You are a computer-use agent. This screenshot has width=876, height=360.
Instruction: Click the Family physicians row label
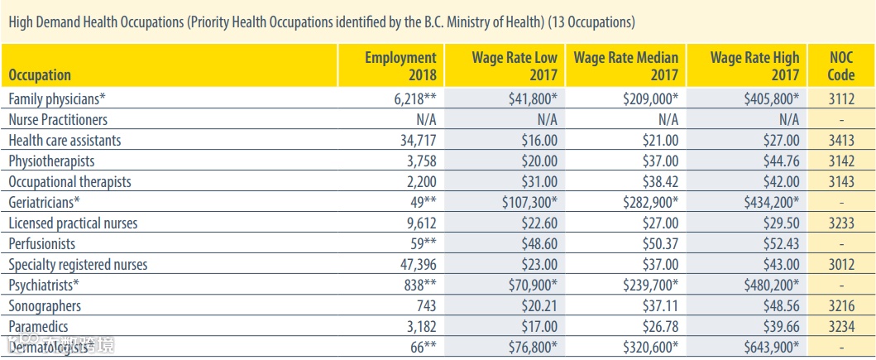click(x=57, y=98)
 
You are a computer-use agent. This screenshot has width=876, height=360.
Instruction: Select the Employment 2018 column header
click(x=400, y=66)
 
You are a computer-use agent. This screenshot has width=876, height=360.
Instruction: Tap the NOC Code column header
click(x=840, y=66)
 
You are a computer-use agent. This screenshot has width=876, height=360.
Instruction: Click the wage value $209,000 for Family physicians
click(x=650, y=98)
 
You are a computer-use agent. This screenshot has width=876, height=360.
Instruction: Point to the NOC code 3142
click(x=840, y=161)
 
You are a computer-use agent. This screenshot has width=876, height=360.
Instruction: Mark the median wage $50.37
click(x=660, y=244)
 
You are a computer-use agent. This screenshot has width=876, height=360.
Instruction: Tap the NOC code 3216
click(x=840, y=306)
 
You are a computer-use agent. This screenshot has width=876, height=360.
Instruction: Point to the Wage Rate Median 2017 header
click(x=626, y=66)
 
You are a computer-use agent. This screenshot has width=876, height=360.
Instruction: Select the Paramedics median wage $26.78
click(x=660, y=327)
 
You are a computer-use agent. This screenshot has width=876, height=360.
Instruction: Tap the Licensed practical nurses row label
click(x=73, y=223)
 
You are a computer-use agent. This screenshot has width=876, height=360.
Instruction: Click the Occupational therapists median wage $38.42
click(x=660, y=181)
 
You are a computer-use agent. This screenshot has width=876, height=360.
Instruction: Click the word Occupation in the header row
click(x=40, y=75)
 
